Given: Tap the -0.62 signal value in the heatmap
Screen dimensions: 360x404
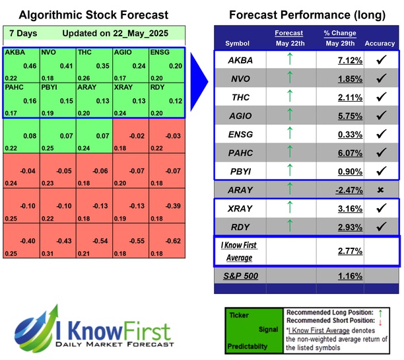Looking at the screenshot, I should pyautogui.click(x=176, y=242).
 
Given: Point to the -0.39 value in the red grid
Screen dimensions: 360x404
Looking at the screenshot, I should pyautogui.click(x=176, y=205).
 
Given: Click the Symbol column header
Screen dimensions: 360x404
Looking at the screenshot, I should pyautogui.click(x=238, y=43).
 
